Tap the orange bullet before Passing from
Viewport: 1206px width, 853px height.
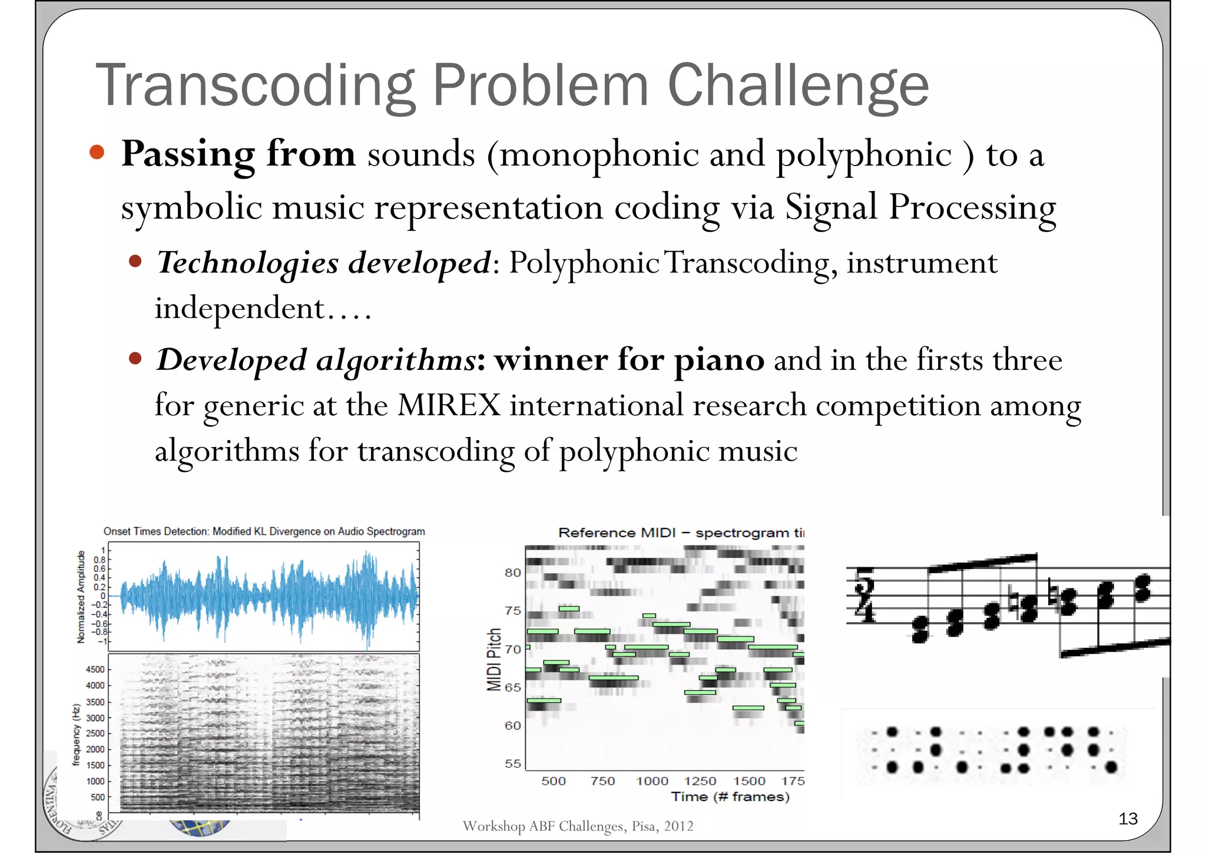pyautogui.click(x=97, y=153)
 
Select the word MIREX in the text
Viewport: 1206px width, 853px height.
pyautogui.click(x=449, y=405)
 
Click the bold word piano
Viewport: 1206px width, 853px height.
pyautogui.click(x=719, y=360)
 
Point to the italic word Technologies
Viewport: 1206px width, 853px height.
pyautogui.click(x=247, y=263)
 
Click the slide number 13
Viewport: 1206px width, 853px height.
pyautogui.click(x=1128, y=818)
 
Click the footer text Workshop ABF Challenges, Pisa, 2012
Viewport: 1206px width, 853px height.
pyautogui.click(x=578, y=826)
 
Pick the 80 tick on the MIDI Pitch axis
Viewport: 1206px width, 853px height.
pyautogui.click(x=512, y=573)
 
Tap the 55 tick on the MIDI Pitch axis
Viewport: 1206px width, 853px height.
pyautogui.click(x=512, y=763)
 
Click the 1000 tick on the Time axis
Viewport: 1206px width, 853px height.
pyautogui.click(x=652, y=781)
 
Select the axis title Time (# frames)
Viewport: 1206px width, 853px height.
pyautogui.click(x=730, y=797)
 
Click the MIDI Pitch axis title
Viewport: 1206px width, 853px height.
pyautogui.click(x=494, y=659)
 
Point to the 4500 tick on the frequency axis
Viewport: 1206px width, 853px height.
pyautogui.click(x=95, y=670)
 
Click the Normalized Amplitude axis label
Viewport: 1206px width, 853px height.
pyautogui.click(x=81, y=597)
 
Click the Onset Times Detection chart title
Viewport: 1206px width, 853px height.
pyautogui.click(x=264, y=531)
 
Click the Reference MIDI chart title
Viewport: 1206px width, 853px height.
pyautogui.click(x=680, y=533)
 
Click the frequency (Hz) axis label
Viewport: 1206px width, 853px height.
pyautogui.click(x=76, y=734)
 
